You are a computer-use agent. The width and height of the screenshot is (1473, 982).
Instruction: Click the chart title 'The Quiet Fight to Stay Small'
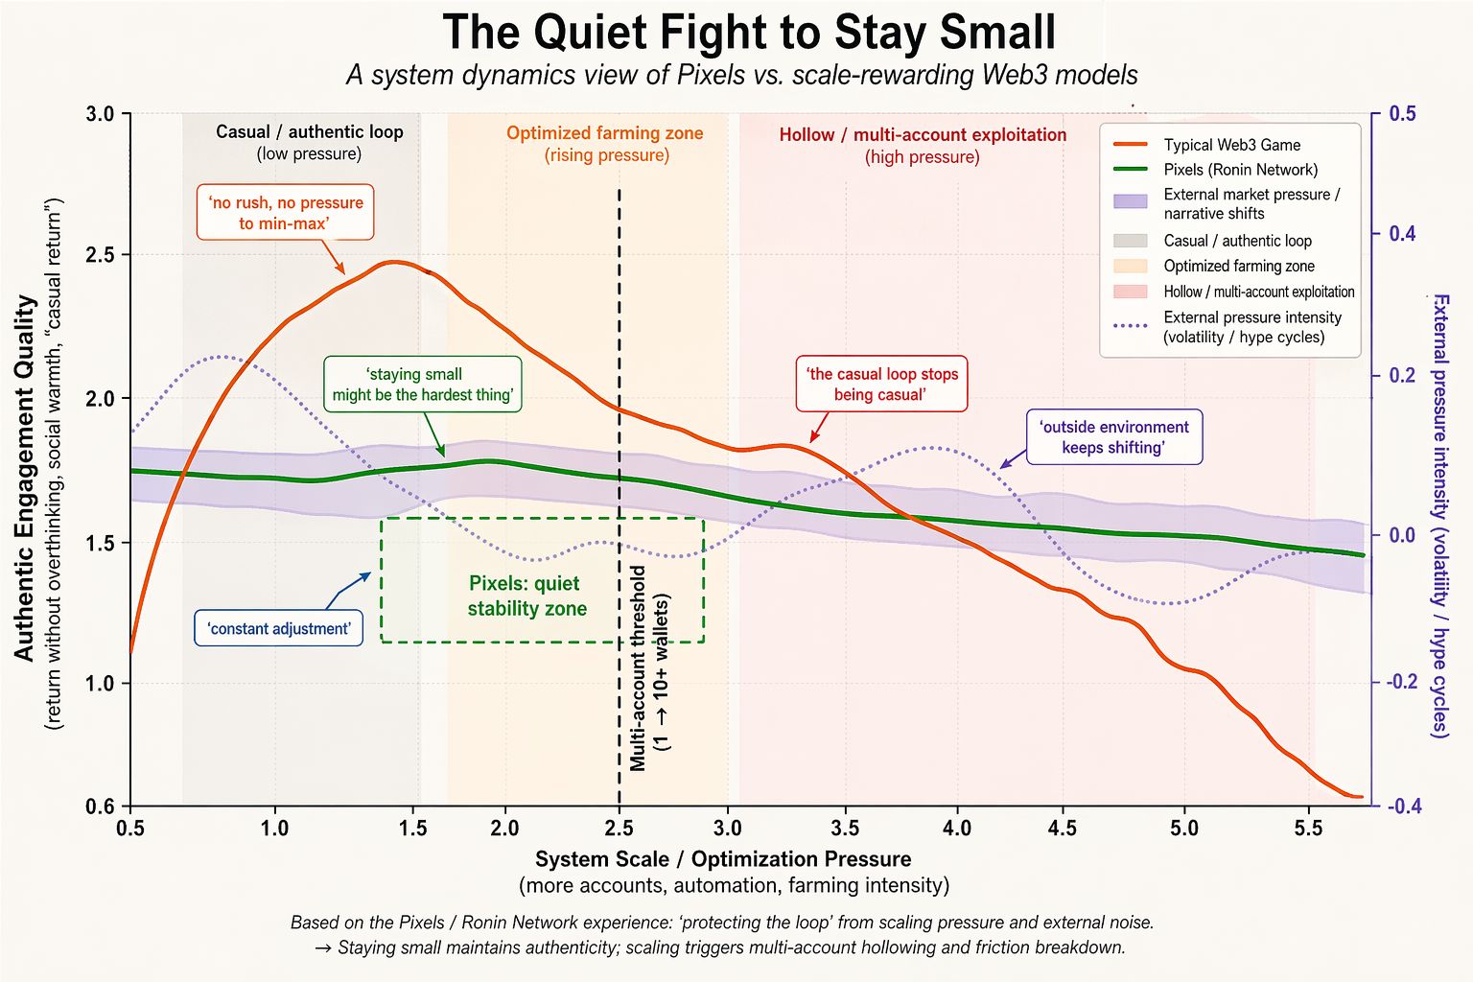[x=749, y=33]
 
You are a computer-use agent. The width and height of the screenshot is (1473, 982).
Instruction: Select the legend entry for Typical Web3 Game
[x=1231, y=145]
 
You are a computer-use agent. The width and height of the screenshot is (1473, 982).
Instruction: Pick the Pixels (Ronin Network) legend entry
[x=1240, y=170]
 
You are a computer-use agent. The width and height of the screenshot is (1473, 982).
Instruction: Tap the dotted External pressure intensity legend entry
[x=1251, y=327]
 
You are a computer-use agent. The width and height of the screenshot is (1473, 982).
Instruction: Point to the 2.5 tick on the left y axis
[x=100, y=255]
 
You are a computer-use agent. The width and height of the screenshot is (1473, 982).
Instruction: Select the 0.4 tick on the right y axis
[x=1402, y=234]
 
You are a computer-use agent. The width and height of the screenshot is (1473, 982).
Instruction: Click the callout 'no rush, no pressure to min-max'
[x=285, y=213]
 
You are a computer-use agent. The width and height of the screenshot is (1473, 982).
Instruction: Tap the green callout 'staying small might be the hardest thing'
[x=422, y=385]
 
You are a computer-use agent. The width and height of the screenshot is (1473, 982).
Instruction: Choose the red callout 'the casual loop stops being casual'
[x=881, y=385]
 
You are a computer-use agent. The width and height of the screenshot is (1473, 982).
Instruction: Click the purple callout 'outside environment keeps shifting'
[x=1113, y=437]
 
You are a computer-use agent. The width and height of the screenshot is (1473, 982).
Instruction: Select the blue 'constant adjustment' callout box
[x=279, y=629]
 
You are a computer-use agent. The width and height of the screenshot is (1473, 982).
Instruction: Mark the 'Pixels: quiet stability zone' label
[x=526, y=596]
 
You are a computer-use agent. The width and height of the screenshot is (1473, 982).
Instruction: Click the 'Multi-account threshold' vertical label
[x=639, y=667]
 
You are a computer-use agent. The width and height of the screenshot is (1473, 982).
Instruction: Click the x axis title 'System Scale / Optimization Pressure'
[x=723, y=859]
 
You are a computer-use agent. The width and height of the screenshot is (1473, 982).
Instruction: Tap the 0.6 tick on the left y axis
[x=100, y=807]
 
